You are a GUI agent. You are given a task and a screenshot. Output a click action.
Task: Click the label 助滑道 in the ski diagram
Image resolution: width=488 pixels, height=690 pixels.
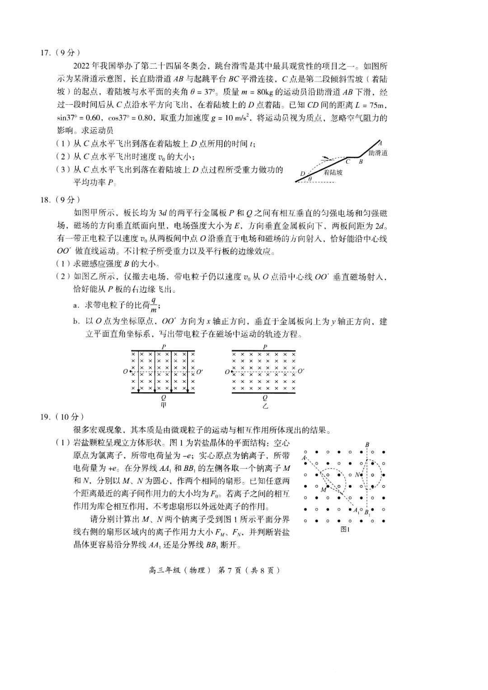tap(378, 153)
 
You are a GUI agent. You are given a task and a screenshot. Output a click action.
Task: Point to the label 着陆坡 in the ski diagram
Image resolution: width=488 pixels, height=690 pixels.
tap(333, 172)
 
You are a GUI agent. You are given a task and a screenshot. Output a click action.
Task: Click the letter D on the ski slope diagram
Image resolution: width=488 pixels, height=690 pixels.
tap(302, 173)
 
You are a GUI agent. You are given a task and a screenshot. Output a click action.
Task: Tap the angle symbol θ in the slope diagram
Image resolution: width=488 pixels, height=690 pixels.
tap(310, 179)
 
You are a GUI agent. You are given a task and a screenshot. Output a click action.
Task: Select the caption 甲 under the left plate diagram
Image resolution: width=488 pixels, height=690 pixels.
tap(164, 405)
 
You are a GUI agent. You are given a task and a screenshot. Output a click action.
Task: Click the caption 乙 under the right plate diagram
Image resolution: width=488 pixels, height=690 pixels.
tap(265, 405)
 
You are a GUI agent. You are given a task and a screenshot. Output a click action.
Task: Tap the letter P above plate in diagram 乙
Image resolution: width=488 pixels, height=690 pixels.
tap(265, 347)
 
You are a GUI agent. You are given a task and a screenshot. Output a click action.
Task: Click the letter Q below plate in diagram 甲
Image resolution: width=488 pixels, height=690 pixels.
tap(164, 398)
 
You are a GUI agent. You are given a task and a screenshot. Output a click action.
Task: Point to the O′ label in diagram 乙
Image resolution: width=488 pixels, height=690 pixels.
tap(301, 371)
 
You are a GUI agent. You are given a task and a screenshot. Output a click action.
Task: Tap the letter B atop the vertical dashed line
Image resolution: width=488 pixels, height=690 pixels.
tap(367, 445)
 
